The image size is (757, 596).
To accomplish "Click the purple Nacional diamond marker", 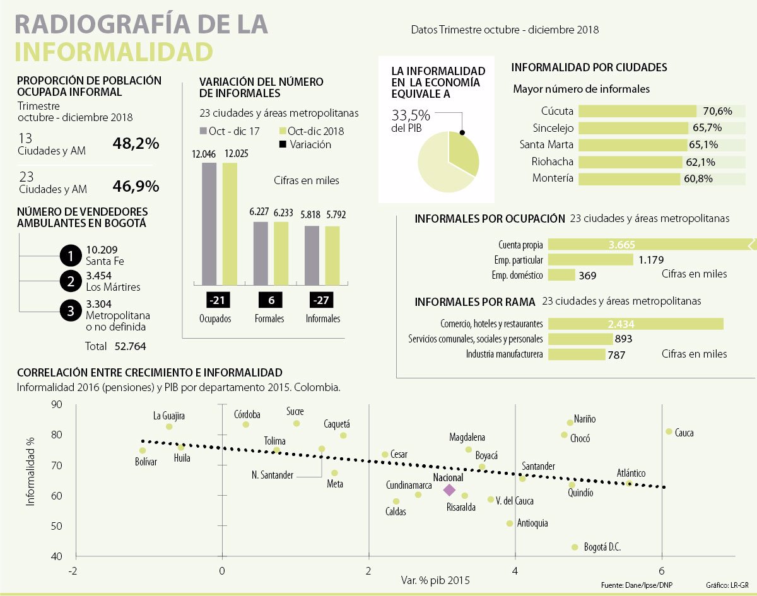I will click(x=449, y=490).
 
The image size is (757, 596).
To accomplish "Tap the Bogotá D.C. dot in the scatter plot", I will click(x=575, y=547).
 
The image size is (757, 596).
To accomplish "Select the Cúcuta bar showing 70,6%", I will click(x=637, y=111).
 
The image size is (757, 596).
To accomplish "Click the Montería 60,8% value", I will click(x=699, y=178).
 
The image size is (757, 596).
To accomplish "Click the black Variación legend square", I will click(x=283, y=144).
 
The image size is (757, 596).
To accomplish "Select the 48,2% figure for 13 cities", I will click(x=136, y=144).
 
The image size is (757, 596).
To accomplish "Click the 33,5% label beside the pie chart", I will click(x=411, y=115).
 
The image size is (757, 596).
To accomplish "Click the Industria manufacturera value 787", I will click(x=616, y=355).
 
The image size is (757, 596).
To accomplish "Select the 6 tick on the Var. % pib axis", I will click(x=662, y=571).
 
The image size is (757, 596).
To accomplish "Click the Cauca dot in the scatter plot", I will click(x=669, y=431).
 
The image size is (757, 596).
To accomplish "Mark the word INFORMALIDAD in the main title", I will click(x=114, y=52).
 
